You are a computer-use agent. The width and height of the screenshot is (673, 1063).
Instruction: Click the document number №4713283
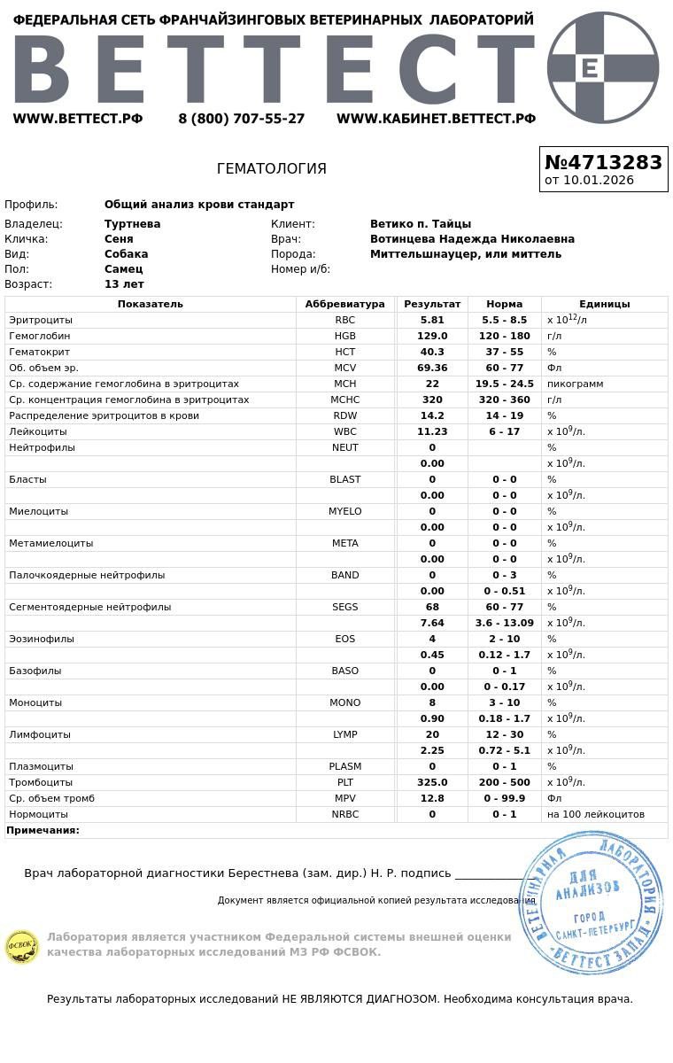(x=603, y=162)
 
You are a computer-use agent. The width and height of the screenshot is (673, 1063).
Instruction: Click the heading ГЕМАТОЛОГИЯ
(x=272, y=168)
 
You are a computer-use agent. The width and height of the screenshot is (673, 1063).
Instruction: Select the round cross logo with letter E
(x=603, y=67)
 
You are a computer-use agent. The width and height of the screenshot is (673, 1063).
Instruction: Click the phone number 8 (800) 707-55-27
(x=241, y=119)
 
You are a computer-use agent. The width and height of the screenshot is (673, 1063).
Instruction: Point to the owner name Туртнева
(x=132, y=224)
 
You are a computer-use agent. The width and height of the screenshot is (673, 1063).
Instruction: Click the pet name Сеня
(x=119, y=239)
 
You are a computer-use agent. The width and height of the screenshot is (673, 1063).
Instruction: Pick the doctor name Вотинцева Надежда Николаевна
(x=472, y=239)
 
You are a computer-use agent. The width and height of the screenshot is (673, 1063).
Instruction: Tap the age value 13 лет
(x=124, y=284)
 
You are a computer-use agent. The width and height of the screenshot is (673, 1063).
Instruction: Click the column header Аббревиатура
(x=344, y=304)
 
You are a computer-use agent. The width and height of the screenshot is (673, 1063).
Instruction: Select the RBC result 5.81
(x=432, y=320)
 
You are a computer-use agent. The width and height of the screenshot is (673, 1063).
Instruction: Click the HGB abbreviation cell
(x=344, y=336)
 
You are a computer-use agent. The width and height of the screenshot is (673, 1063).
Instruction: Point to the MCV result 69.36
(x=432, y=368)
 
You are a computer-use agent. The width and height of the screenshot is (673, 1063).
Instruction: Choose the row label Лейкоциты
(x=37, y=431)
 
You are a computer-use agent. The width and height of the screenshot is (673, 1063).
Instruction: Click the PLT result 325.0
(x=432, y=782)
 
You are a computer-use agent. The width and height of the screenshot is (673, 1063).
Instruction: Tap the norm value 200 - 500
(x=505, y=782)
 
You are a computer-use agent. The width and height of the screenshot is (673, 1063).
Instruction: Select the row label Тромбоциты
(x=41, y=782)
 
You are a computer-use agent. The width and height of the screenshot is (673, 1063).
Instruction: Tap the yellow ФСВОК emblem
(x=21, y=946)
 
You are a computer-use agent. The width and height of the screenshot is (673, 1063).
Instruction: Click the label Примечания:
(x=43, y=830)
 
